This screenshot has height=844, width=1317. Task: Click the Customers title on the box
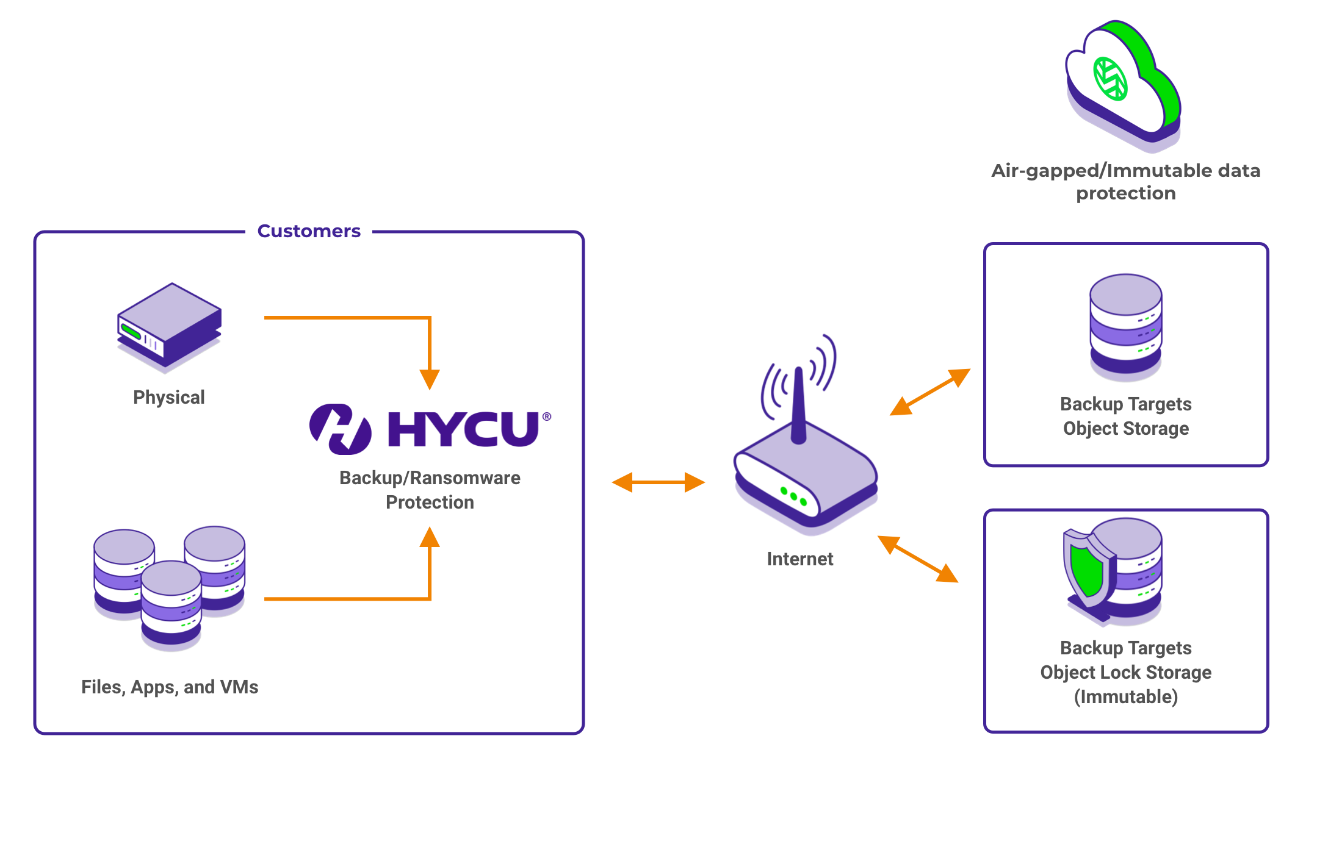coord(309,231)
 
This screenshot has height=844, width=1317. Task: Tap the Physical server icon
coord(169,326)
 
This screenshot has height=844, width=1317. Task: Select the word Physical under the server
coord(169,398)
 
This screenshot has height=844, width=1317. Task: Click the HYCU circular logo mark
coord(341,429)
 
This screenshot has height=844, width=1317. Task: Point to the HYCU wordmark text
coord(464,429)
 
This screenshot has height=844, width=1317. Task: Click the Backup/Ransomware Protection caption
coord(430,490)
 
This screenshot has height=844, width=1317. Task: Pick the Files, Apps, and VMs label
coord(170,687)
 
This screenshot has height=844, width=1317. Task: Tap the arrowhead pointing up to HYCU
coord(430,537)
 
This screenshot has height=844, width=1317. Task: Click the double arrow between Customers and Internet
coord(658,482)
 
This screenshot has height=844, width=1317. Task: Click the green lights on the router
coord(793,496)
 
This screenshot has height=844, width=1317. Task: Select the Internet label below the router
coord(800,559)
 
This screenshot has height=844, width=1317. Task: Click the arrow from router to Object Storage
coord(930,392)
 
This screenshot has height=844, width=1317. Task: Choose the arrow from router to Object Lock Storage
coord(918,559)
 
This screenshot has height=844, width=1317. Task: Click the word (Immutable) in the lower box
coord(1126,697)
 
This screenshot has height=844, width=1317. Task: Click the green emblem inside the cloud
coord(1110,78)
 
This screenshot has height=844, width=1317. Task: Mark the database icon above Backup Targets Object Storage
coord(1126,327)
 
